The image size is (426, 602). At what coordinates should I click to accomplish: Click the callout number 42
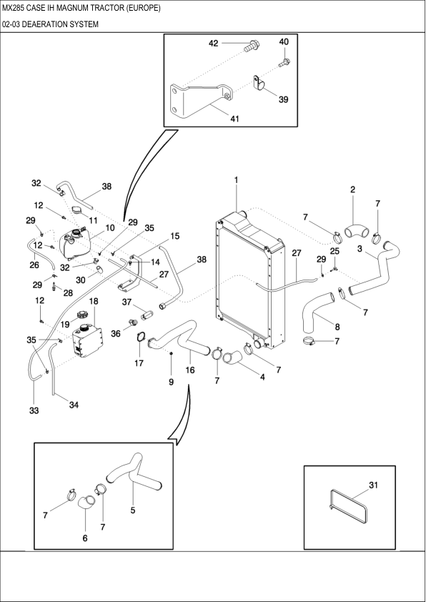pos(214,43)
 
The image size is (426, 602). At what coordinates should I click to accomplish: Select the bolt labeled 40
pos(284,62)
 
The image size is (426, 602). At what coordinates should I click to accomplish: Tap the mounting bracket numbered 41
pos(199,100)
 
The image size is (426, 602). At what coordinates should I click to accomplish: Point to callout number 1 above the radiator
pos(237,179)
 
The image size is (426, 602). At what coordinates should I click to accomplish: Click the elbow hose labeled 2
pos(355,231)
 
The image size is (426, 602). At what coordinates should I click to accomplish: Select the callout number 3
pos(360,249)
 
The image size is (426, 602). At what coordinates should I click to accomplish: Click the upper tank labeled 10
pos(75,245)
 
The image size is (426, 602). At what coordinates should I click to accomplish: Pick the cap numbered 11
pos(78,210)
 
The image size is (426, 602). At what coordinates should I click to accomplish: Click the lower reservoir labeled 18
pos(87,340)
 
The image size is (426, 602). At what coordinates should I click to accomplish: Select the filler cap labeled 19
pos(82,315)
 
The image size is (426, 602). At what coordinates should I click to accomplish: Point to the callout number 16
pos(190,370)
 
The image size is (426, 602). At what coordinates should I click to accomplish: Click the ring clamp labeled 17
pos(141,337)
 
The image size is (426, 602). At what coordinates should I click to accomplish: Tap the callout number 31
pos(373,485)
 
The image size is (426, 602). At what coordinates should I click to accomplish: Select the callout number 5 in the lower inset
pos(133,510)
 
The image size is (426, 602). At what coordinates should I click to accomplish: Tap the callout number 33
pos(34,411)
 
